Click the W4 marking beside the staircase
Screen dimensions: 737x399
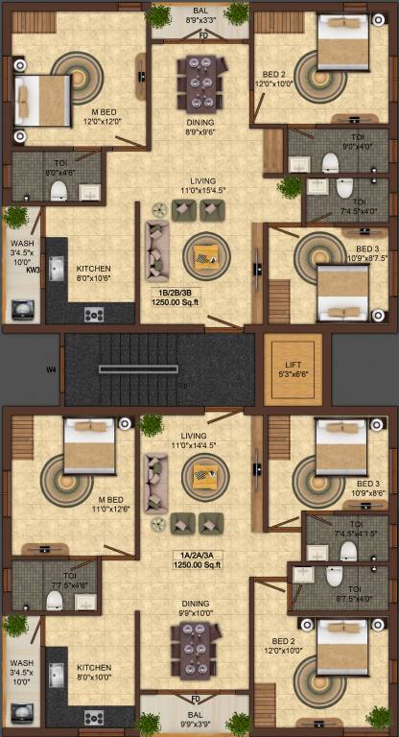pyautogui.click(x=51, y=366)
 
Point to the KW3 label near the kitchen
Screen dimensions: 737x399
pyautogui.click(x=34, y=271)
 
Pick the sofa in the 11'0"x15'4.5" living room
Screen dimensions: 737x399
pyautogui.click(x=157, y=247)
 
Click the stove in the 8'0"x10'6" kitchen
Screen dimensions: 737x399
pyautogui.click(x=93, y=313)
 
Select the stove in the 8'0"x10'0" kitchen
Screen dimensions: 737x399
pyautogui.click(x=93, y=717)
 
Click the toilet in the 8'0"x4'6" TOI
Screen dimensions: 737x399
pyautogui.click(x=58, y=188)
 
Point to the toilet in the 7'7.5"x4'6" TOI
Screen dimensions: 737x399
pyautogui.click(x=55, y=601)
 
